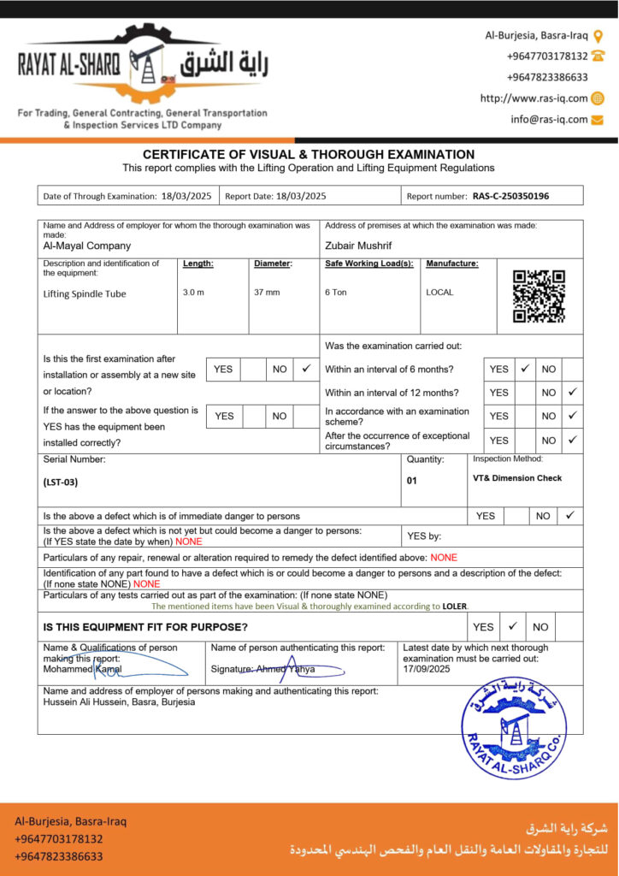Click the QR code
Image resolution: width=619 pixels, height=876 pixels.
[539, 296]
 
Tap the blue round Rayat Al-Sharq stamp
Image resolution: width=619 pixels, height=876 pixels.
[514, 728]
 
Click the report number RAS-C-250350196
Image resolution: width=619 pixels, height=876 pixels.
[510, 196]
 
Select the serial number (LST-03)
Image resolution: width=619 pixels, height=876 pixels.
[61, 482]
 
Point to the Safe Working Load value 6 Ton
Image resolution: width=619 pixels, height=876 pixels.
[336, 293]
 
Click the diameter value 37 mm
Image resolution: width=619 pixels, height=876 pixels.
[267, 293]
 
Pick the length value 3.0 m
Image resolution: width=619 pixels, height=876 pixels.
[194, 293]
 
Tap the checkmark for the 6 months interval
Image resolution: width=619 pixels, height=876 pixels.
[526, 369]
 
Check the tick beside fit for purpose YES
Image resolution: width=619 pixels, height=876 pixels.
[512, 626]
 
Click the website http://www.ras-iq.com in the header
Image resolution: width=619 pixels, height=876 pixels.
[534, 98]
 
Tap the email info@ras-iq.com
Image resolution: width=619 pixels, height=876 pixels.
[549, 120]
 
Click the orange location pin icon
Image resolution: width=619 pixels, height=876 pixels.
[598, 35]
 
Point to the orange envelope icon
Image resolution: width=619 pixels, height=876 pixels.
[598, 120]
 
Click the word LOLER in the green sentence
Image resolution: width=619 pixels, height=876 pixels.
[454, 606]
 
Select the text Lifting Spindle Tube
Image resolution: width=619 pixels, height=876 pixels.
[85, 293]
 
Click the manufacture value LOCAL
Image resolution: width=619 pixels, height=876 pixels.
[439, 293]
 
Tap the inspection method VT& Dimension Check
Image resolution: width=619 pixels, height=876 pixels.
[517, 478]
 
